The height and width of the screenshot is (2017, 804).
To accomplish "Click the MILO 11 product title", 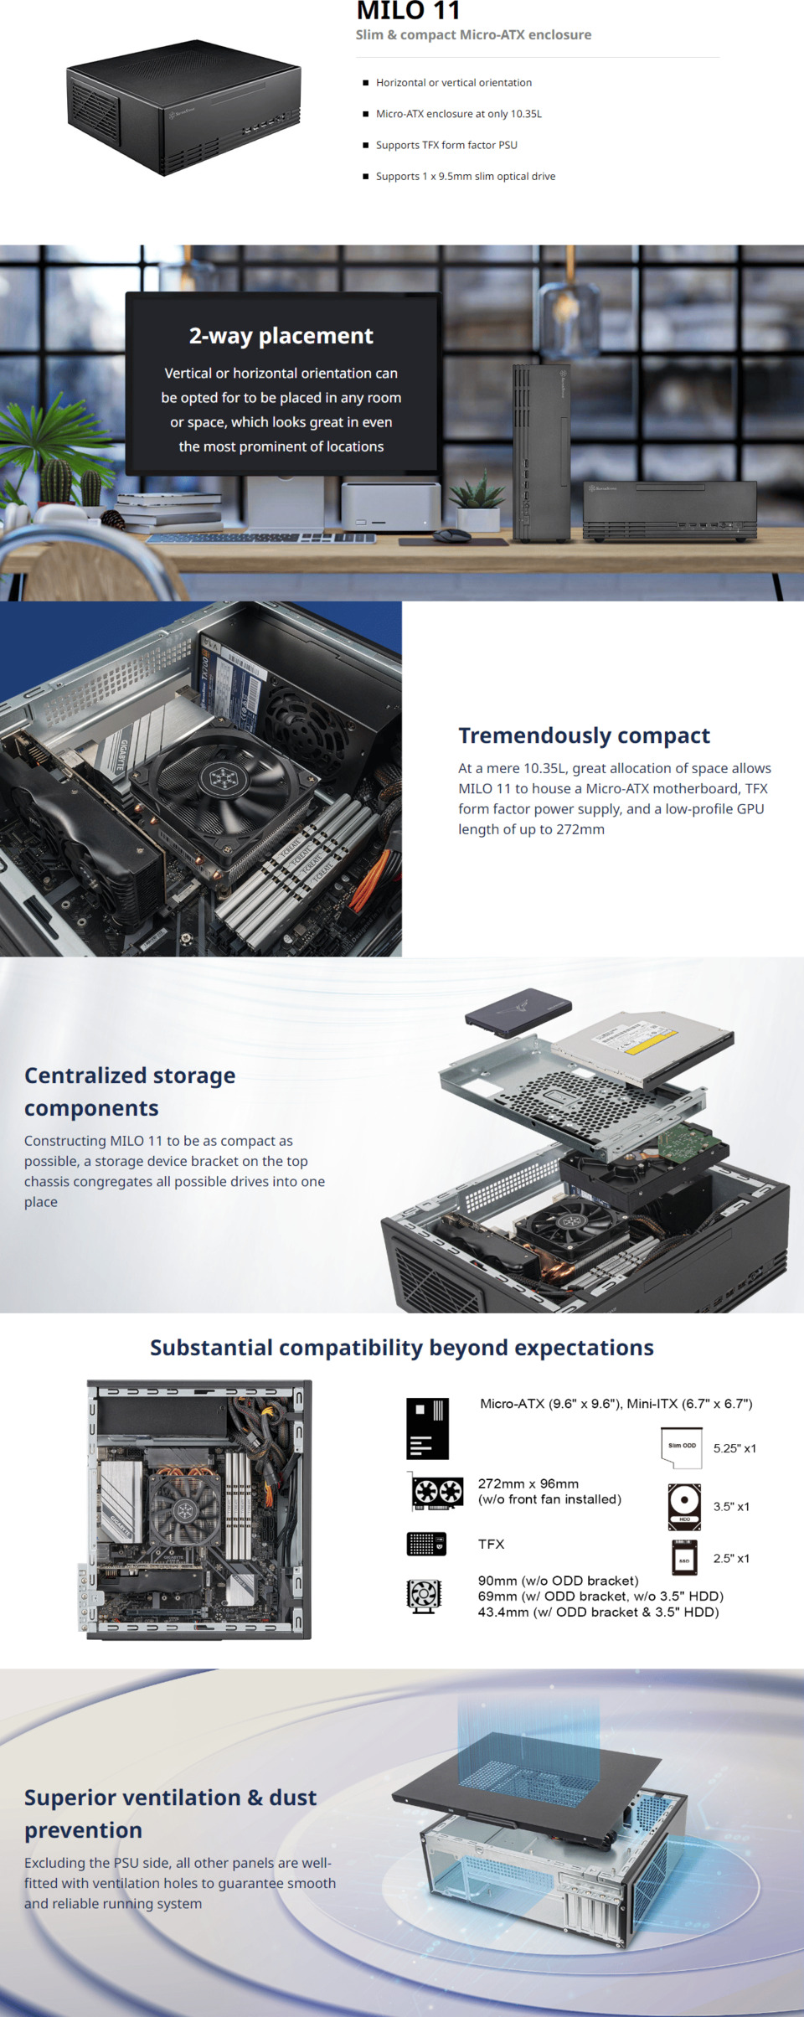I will (408, 11).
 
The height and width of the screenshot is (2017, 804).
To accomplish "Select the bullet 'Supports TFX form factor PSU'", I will (446, 145).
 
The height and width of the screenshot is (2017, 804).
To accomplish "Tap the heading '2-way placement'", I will (281, 336).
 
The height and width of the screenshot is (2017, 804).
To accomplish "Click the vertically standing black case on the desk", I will (540, 452).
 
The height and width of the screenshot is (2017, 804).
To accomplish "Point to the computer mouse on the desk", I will (452, 535).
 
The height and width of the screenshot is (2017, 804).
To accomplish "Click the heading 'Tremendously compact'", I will (584, 735).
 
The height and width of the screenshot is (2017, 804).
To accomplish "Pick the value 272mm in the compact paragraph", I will (580, 829).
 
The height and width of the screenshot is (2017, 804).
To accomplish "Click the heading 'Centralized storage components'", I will (130, 1091).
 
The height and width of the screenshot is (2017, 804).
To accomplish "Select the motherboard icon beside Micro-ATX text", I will (427, 1428).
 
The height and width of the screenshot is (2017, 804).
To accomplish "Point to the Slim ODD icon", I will (682, 1447).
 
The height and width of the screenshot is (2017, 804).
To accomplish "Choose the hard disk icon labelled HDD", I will (684, 1506).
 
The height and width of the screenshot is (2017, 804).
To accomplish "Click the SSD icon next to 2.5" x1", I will (684, 1558).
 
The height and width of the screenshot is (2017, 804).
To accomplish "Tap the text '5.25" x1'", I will (734, 1448).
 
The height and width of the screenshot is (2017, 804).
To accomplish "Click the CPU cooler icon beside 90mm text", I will (424, 1596).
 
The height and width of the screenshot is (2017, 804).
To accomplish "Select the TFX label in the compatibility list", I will (491, 1544).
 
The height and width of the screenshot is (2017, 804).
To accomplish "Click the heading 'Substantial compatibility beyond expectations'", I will (402, 1348).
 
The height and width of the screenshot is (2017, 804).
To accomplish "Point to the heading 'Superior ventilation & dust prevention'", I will (170, 1813).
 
